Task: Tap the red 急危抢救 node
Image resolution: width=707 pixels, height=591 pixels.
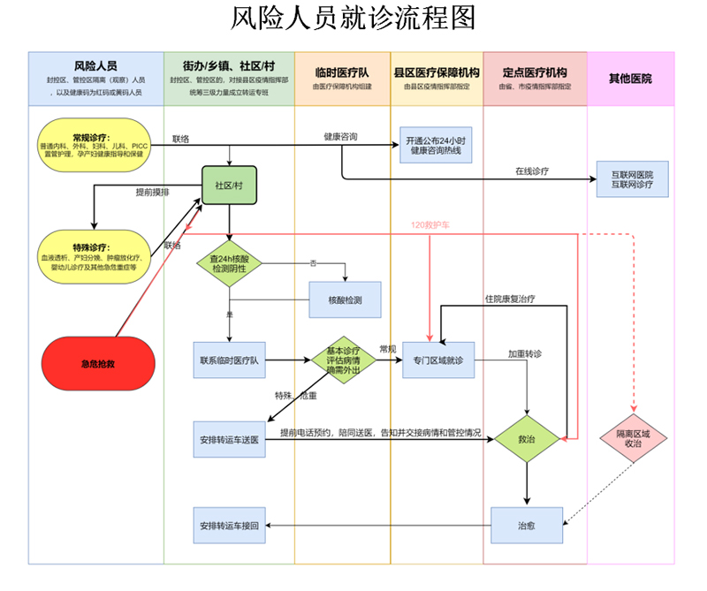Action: [98, 363]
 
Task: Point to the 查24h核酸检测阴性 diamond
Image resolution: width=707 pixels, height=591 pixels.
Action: [230, 263]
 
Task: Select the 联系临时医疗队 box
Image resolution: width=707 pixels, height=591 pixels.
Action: [229, 360]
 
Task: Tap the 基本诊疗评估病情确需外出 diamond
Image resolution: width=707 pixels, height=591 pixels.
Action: [344, 360]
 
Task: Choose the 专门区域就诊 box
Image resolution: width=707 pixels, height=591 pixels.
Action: [438, 360]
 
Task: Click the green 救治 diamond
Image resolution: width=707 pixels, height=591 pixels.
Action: [527, 438]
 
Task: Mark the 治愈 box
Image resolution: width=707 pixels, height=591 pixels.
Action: [527, 526]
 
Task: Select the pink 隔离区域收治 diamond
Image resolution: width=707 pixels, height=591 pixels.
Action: [633, 438]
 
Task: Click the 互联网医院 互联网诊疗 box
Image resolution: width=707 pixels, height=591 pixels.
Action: [633, 179]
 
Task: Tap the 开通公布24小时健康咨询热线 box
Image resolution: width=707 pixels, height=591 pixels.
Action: [437, 146]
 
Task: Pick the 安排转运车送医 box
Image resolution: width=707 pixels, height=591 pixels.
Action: [229, 439]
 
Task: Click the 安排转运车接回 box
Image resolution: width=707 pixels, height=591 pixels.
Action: [229, 526]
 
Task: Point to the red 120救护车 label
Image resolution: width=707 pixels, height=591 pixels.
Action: [430, 225]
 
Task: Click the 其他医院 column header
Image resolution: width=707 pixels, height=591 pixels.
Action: [630, 79]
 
